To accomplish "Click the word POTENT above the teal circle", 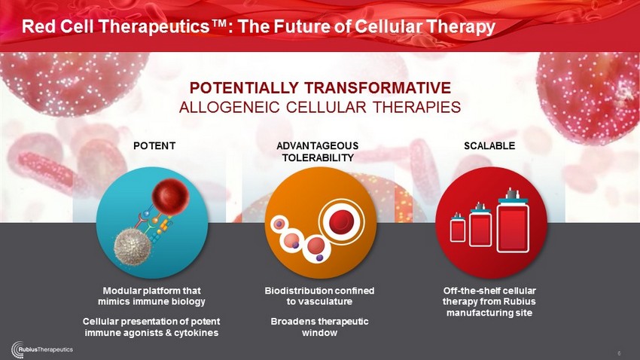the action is coord(154,145).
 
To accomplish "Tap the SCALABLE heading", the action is coord(489,145).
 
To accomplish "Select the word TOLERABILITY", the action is coord(318,157).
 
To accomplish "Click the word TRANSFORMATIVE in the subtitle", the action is coord(377,88).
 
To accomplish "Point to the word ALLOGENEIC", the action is coord(230,108).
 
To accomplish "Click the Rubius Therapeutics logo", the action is coord(42,349).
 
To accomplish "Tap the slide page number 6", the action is coord(619,353).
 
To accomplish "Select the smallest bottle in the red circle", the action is coord(458,227).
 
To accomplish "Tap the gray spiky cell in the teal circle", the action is coord(133,246).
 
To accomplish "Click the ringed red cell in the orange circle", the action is coord(342,221).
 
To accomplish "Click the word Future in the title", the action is coord(302,26).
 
